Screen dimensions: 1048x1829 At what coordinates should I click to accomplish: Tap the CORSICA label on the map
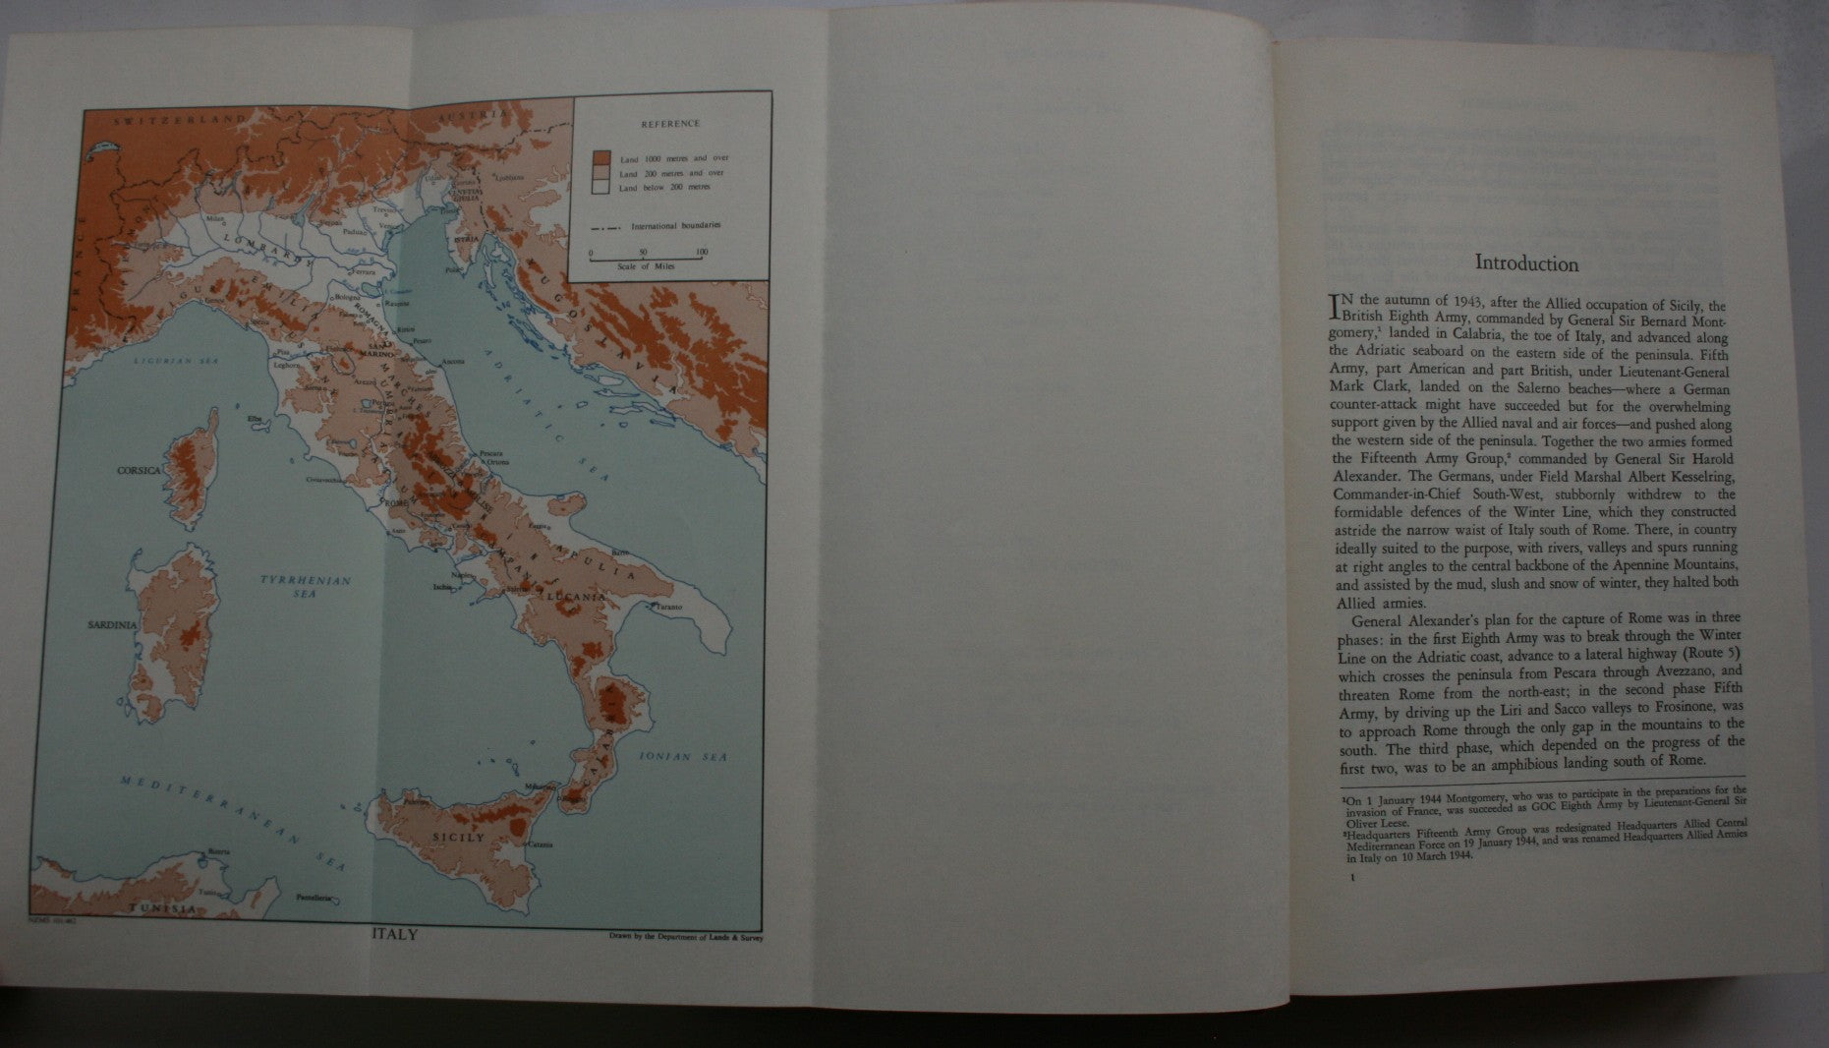pyautogui.click(x=139, y=471)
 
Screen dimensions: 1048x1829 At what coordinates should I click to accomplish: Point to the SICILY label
pyautogui.click(x=458, y=838)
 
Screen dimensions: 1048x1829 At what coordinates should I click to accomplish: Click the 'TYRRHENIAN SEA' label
pyautogui.click(x=306, y=587)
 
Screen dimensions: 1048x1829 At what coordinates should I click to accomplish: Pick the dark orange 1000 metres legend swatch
pyautogui.click(x=601, y=158)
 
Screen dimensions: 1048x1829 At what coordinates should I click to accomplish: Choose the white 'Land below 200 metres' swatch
pyautogui.click(x=601, y=187)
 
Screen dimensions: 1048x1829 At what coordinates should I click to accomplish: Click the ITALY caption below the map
pyautogui.click(x=395, y=934)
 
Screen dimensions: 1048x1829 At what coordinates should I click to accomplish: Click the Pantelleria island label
pyautogui.click(x=315, y=899)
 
